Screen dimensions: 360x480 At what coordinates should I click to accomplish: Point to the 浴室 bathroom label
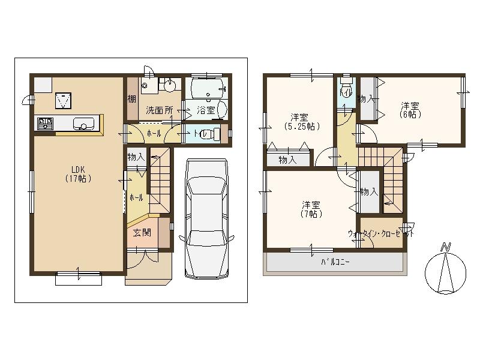point(206,110)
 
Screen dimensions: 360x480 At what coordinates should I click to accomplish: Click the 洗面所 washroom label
point(160,110)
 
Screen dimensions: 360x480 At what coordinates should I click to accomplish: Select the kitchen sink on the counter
point(83,124)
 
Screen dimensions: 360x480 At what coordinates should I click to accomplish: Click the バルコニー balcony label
point(335,262)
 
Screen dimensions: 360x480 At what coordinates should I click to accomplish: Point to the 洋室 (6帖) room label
point(411,109)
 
